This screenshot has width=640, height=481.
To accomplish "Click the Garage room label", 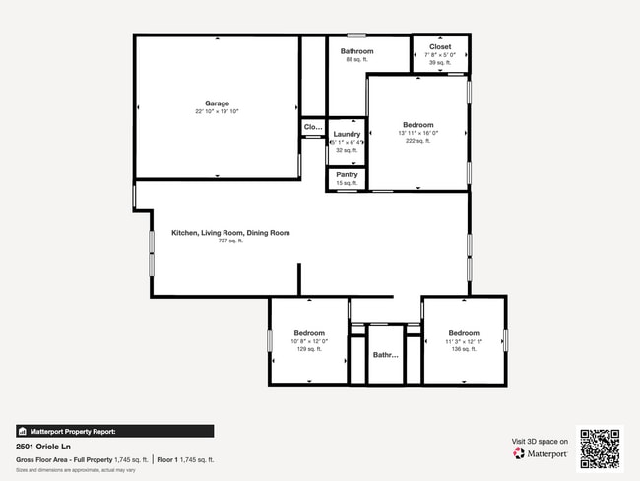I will tap(217, 103).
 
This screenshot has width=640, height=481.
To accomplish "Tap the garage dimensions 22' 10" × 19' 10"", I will tap(217, 112).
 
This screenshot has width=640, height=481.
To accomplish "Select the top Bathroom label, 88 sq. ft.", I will tap(356, 51).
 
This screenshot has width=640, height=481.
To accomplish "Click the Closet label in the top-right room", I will tap(440, 46).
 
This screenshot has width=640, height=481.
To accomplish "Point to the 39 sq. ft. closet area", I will tap(440, 62).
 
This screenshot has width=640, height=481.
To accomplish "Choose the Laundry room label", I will tap(347, 134).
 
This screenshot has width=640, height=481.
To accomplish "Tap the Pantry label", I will tap(347, 174).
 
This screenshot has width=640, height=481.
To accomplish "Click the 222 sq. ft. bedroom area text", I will tap(418, 141).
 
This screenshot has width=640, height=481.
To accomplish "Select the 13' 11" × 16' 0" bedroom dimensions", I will tap(418, 133).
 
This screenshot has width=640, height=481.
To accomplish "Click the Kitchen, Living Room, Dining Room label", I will tap(230, 233).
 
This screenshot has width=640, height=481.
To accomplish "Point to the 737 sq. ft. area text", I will tap(230, 240).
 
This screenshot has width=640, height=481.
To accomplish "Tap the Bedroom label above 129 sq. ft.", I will tap(308, 333).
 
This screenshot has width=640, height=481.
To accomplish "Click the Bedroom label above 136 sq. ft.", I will tap(464, 333).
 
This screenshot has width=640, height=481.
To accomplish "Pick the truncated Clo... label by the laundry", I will tap(313, 127).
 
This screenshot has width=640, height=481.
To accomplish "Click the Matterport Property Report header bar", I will tap(114, 431).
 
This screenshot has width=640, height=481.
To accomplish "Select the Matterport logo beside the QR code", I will tap(541, 454).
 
